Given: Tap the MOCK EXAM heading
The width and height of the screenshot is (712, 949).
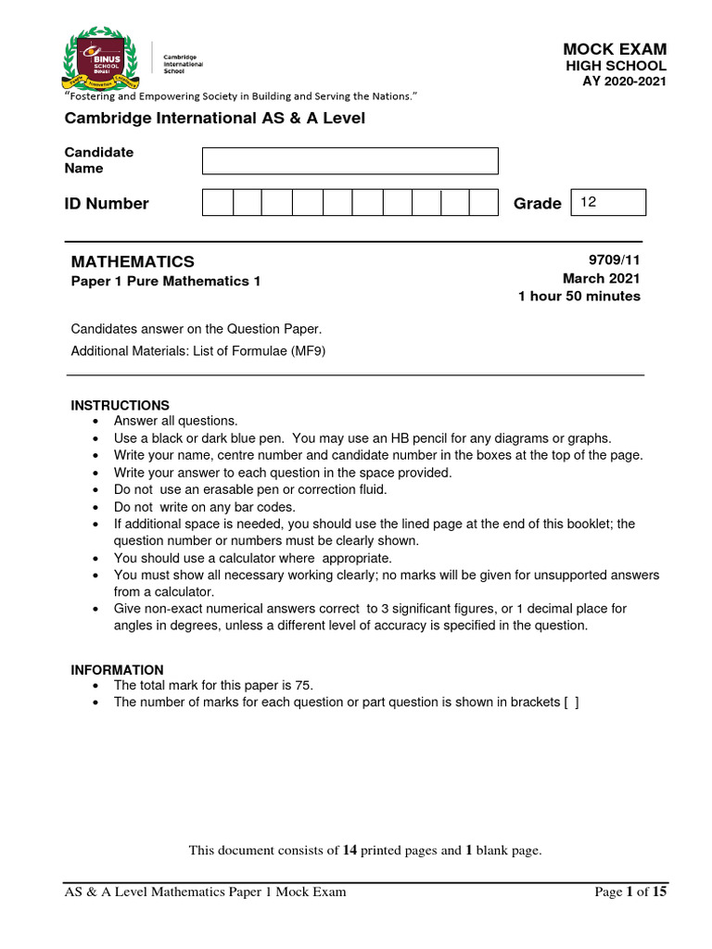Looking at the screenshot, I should tap(615, 49).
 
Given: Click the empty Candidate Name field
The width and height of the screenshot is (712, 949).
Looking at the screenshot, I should tap(350, 160).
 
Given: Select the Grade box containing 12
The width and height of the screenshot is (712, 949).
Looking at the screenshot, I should tap(609, 202).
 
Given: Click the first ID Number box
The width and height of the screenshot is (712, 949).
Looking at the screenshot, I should tap(217, 203).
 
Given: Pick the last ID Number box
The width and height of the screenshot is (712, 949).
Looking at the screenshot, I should tap(483, 203).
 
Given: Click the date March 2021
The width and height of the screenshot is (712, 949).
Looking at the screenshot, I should tap(601, 279).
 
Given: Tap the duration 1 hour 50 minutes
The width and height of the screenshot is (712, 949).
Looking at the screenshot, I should tap(578, 297).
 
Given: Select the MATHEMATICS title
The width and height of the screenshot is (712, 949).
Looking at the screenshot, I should tap(133, 262).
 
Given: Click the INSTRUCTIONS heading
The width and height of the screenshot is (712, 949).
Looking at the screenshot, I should tap(121, 405).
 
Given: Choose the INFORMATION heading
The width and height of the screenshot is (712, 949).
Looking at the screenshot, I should tap(118, 669).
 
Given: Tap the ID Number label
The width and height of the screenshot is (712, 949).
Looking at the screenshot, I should tap(106, 204).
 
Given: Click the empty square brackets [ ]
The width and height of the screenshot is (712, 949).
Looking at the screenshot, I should tap(571, 702).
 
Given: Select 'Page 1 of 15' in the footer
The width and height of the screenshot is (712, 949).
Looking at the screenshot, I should tap(629, 892).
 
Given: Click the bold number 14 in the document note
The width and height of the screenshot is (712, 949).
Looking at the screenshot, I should tap(350, 850).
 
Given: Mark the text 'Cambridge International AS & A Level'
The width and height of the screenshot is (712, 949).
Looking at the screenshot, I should tap(214, 119).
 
